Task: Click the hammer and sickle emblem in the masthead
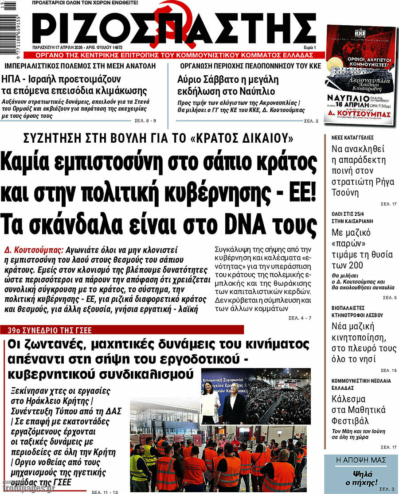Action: pyautogui.click(x=165, y=27)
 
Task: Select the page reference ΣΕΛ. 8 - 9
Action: pyautogui.click(x=145, y=121)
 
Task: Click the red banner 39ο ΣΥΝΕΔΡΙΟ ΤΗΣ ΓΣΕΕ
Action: pyautogui.click(x=53, y=330)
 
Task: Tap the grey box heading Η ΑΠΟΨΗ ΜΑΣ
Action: pyautogui.click(x=360, y=460)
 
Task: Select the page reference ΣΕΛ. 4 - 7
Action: pyautogui.click(x=300, y=318)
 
